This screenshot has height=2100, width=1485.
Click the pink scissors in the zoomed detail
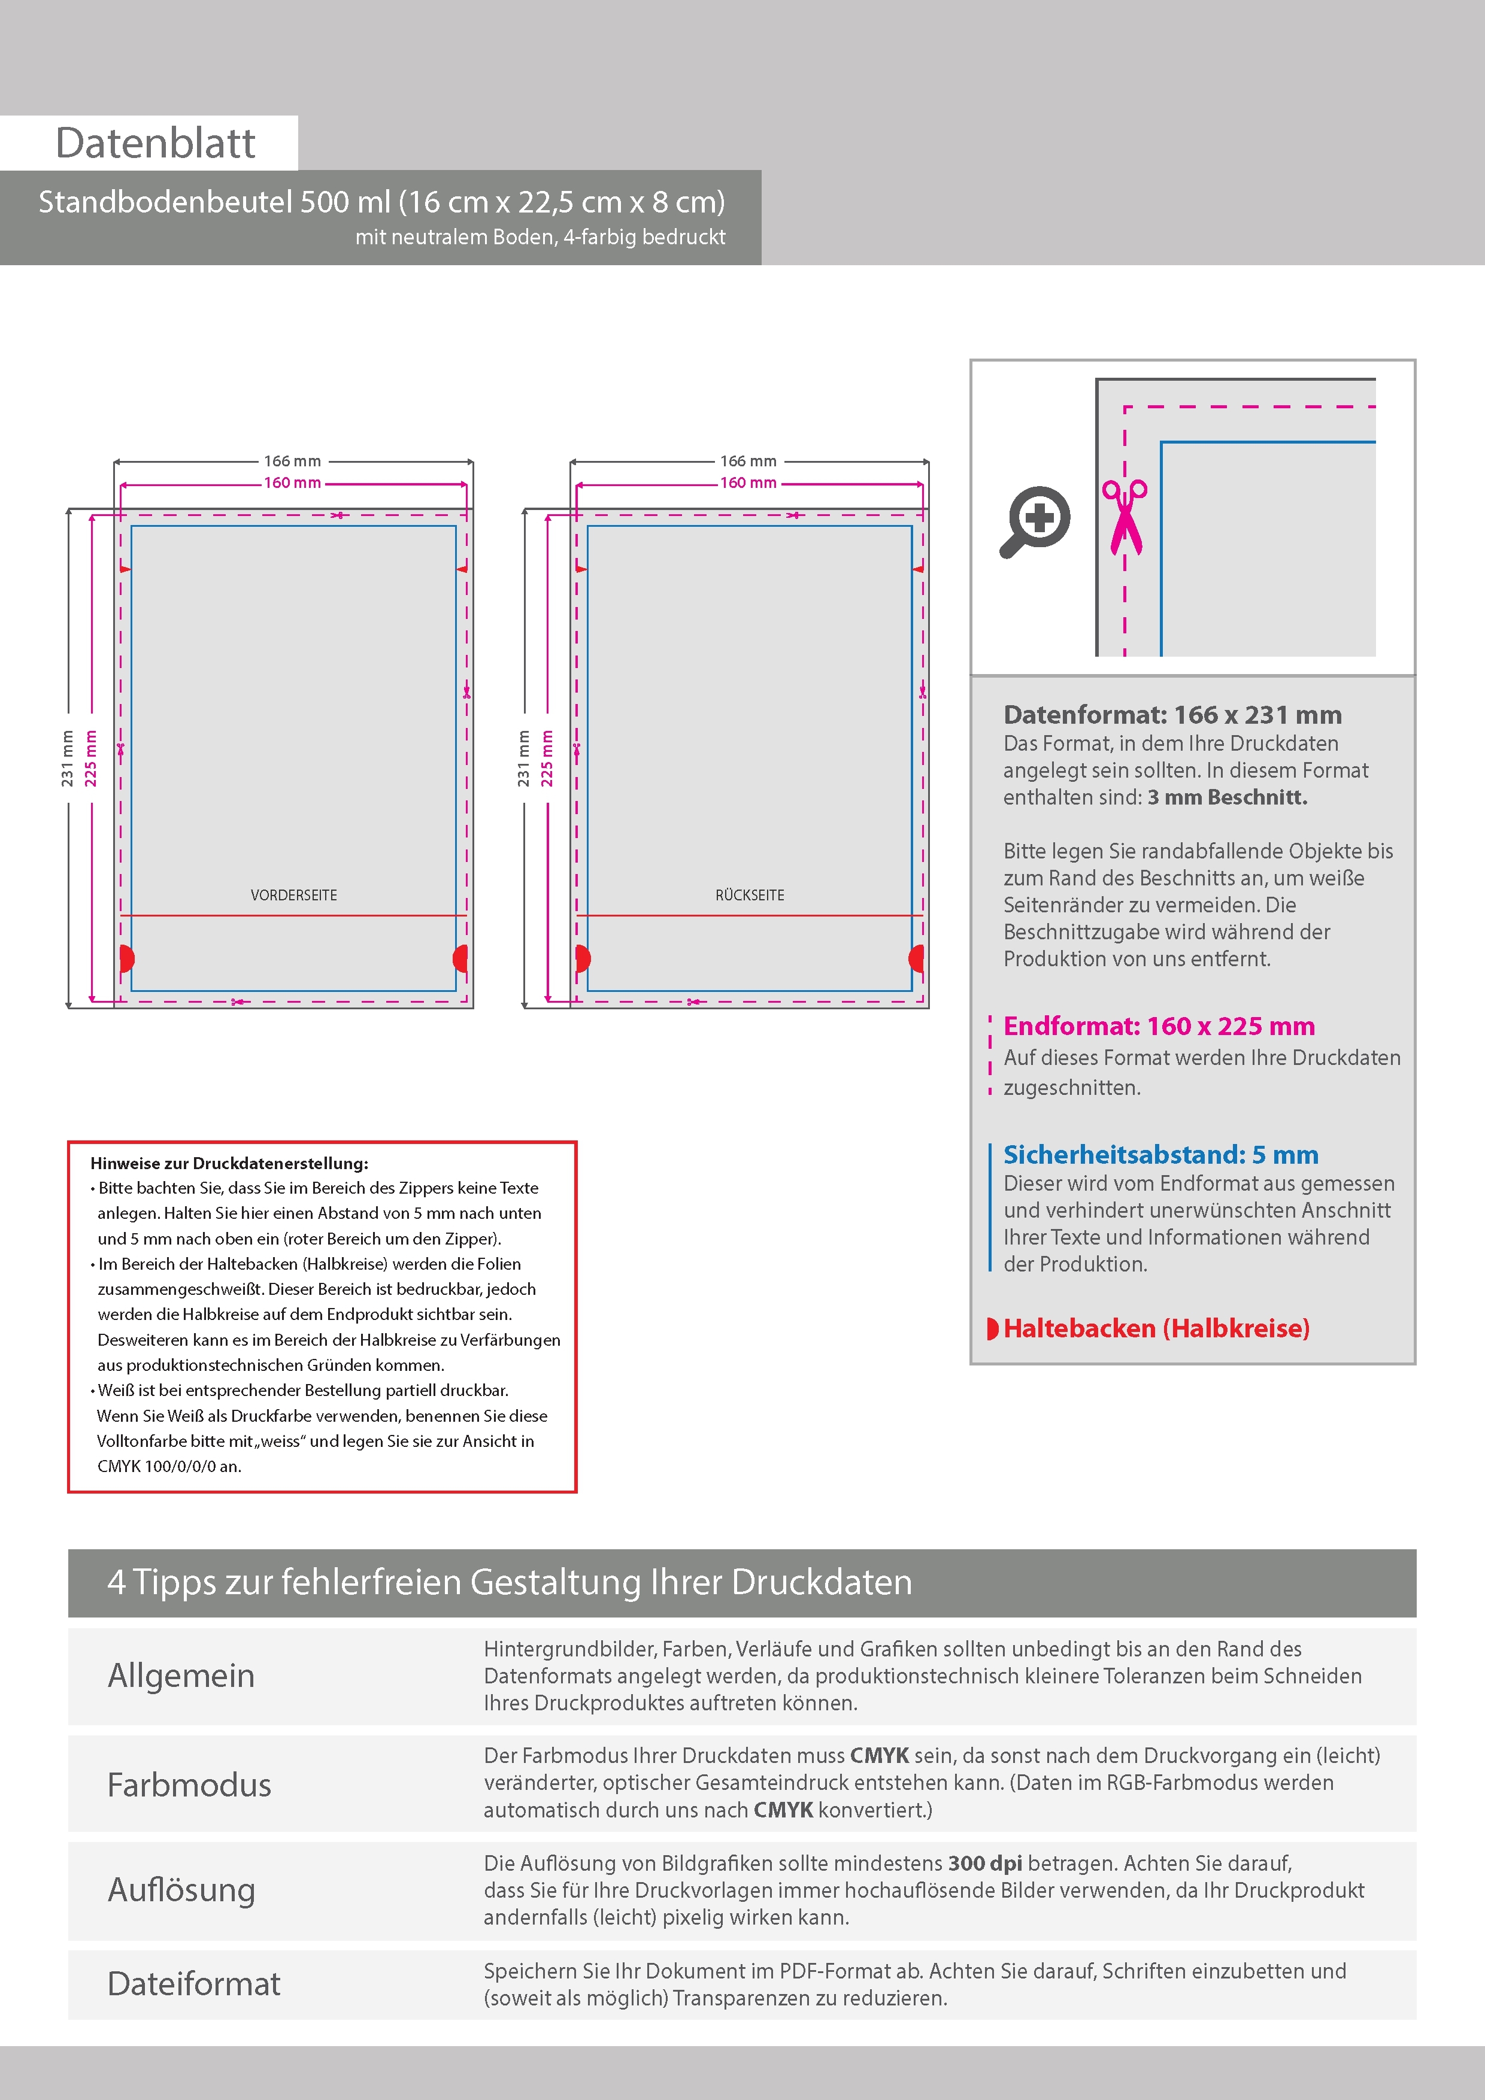(x=1125, y=517)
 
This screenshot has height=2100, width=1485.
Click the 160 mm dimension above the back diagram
(x=747, y=483)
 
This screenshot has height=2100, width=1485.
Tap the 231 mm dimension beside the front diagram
(x=68, y=758)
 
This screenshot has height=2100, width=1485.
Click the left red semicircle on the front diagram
(x=126, y=958)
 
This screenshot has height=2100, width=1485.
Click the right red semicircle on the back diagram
(x=917, y=958)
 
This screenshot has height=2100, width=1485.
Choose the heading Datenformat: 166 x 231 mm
(x=1172, y=715)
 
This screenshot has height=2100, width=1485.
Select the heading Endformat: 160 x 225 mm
(x=1158, y=1026)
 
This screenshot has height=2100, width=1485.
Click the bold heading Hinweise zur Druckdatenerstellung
(x=229, y=1163)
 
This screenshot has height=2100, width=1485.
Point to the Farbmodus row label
(x=189, y=1785)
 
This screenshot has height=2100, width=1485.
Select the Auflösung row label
(x=181, y=1890)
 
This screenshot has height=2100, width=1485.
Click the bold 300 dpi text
(x=984, y=1863)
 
